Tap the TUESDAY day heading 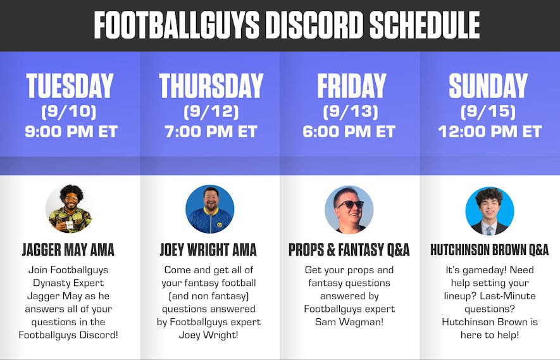coord(70,87)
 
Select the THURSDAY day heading coord(211,87)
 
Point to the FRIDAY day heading coord(351,87)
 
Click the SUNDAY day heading coord(488,87)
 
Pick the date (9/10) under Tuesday coord(70,112)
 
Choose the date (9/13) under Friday coord(350,112)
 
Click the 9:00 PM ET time coord(71,132)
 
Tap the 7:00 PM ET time coord(211,132)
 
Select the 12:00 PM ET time coord(490,132)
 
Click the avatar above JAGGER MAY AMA coord(70,209)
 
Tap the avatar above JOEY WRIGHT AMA coord(209,209)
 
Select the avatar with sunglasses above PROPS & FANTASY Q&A coord(349,209)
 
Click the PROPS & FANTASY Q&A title coord(349,249)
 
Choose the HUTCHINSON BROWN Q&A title coord(489,249)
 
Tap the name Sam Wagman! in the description coord(349,322)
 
